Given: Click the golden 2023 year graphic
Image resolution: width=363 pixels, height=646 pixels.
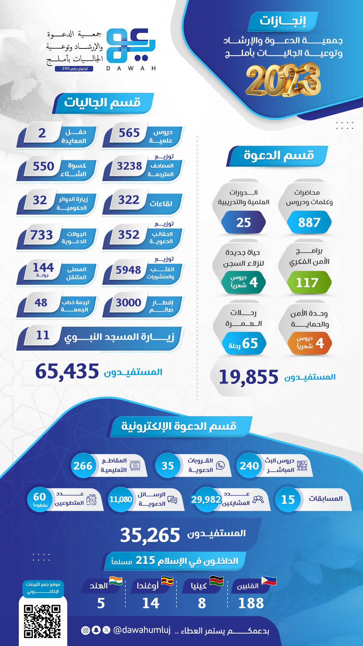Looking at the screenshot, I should point(283,80).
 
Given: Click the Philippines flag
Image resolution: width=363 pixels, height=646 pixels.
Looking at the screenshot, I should point(269,581).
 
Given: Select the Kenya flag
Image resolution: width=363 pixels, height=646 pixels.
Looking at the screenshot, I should point(216,581).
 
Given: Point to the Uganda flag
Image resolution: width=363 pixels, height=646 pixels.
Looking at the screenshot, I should point(167,581).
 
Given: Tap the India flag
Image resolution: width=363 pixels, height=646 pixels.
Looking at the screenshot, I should point(116,581).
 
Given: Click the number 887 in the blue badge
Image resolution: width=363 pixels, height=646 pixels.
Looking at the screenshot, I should point(309,222).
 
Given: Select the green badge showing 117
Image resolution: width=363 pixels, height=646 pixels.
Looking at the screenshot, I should point(307,283).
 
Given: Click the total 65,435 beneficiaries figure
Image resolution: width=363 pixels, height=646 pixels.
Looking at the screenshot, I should point(67,371).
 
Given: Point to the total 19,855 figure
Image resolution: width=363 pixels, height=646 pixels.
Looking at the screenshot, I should point(249,377).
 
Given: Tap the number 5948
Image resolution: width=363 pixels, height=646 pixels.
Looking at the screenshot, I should point(128,270).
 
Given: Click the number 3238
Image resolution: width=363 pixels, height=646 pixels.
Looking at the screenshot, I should point(129,166).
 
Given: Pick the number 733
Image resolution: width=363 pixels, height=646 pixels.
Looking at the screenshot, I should point(42,235).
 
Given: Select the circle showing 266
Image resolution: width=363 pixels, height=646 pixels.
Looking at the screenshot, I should point(83,466).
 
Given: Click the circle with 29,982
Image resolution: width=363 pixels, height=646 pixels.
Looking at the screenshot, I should point(206,500).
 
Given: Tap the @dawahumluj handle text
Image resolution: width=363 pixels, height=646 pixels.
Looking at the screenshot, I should point(142,630).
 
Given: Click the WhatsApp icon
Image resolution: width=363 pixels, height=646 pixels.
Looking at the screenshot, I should point(220,465).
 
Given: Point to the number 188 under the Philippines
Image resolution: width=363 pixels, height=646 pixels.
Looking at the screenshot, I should point(251,603).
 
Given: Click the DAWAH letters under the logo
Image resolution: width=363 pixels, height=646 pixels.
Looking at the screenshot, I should point(131,68).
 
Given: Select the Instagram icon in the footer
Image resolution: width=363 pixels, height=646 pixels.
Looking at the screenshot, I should point(86,630).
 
